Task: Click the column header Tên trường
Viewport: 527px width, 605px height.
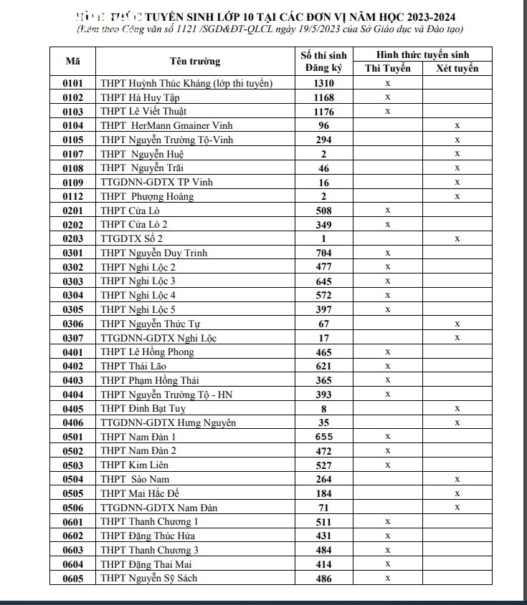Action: pos(195,61)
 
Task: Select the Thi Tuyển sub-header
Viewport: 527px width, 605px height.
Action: pos(387,69)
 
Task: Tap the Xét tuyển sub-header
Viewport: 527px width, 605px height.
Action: pos(457,69)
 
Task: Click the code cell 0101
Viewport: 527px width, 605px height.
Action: pos(73,83)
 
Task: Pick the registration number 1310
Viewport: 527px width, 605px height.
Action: pos(323,83)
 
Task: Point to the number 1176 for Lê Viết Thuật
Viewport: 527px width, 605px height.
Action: pos(323,111)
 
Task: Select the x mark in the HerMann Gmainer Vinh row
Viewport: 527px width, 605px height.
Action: pos(457,125)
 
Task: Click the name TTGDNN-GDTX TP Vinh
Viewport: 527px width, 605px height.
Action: pos(156,182)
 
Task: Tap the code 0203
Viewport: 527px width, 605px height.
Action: pos(73,238)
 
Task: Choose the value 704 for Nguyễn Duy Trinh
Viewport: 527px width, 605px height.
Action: pos(323,253)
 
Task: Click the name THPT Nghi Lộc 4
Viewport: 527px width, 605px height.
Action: pos(138,295)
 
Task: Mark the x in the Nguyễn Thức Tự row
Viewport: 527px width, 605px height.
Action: pos(457,324)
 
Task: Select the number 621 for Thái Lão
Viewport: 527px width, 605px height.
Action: pos(323,366)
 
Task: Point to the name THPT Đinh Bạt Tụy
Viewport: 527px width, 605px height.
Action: pos(143,408)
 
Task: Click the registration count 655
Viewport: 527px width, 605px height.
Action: pos(323,436)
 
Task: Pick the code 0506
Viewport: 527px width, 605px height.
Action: pos(73,508)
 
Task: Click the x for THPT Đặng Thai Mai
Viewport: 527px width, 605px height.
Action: pos(387,564)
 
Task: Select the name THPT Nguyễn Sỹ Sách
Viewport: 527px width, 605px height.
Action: pos(148,578)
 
